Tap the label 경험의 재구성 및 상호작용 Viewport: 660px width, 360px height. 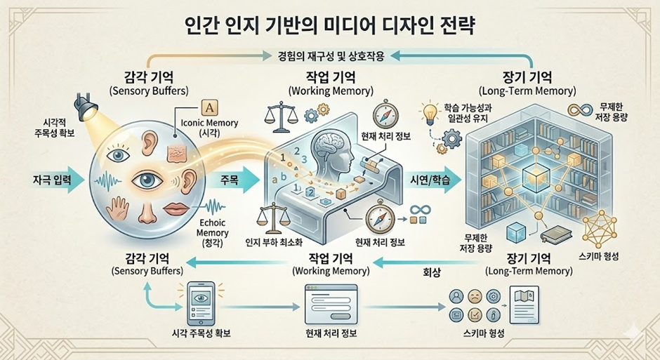[329, 54]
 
